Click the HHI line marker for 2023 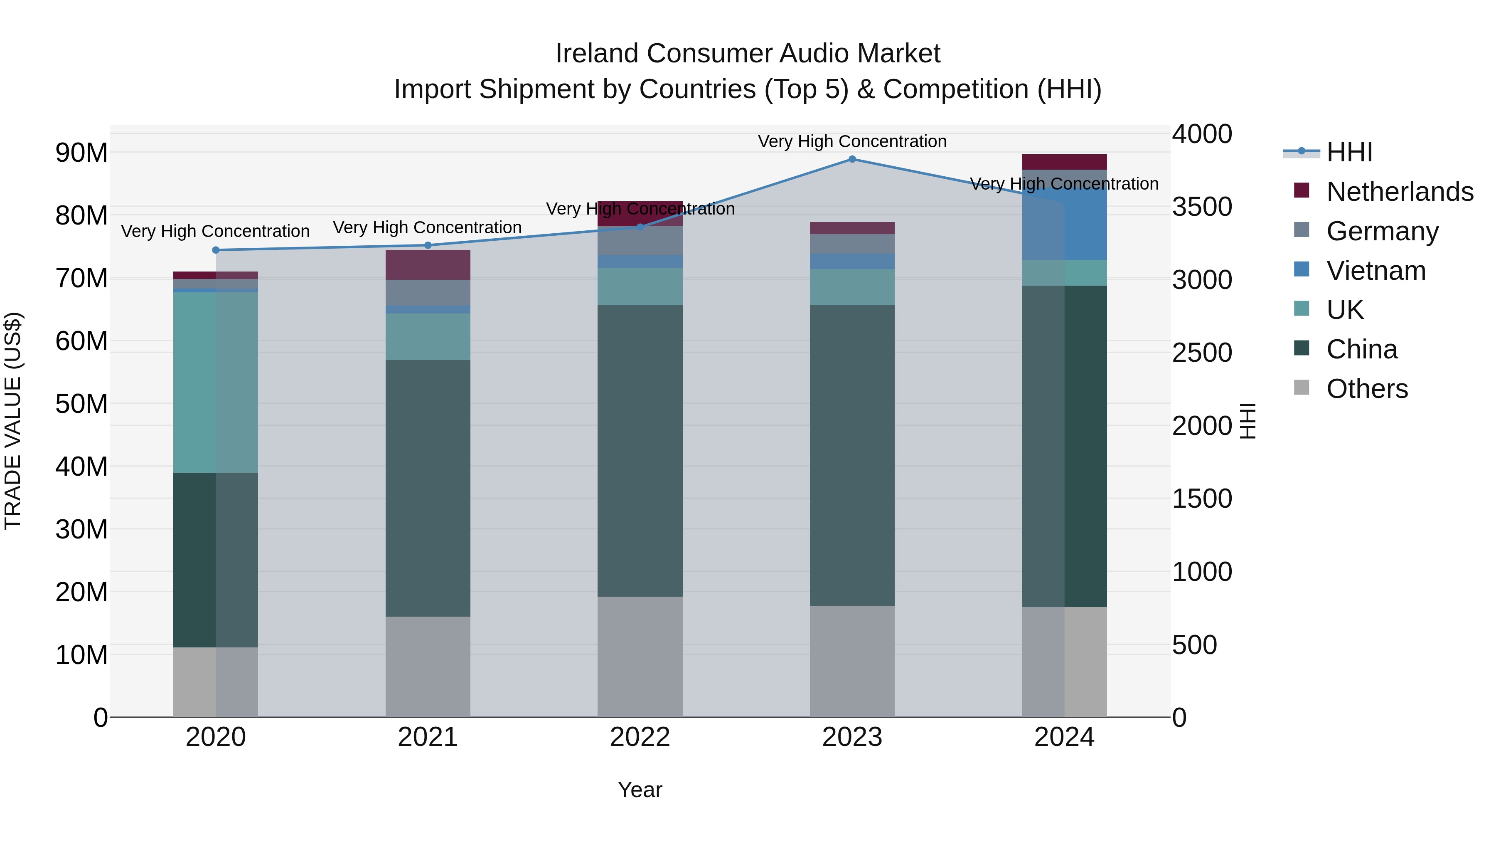pyautogui.click(x=852, y=159)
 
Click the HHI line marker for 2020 pyautogui.click(x=215, y=250)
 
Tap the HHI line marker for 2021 pyautogui.click(x=428, y=245)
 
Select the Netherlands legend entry pyautogui.click(x=1400, y=192)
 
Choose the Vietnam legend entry pyautogui.click(x=1376, y=271)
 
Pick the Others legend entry pyautogui.click(x=1367, y=389)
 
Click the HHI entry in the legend pyautogui.click(x=1349, y=152)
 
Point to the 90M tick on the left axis pyautogui.click(x=81, y=153)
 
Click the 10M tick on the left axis pyautogui.click(x=81, y=655)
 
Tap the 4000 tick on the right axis pyautogui.click(x=1201, y=134)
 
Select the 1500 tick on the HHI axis pyautogui.click(x=1201, y=499)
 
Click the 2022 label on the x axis pyautogui.click(x=640, y=737)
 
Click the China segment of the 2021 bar pyautogui.click(x=428, y=488)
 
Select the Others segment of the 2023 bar pyautogui.click(x=852, y=661)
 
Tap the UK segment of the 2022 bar pyautogui.click(x=640, y=286)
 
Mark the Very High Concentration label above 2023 pyautogui.click(x=852, y=141)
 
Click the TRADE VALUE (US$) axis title pyautogui.click(x=13, y=421)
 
